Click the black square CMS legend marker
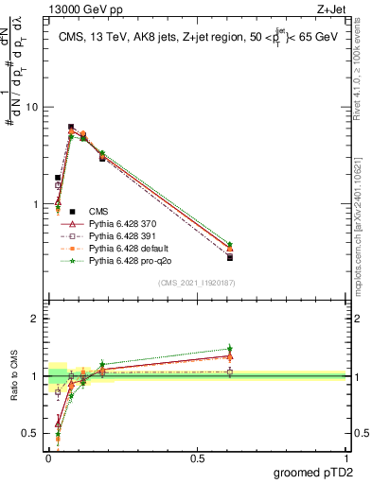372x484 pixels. pyautogui.click(x=72, y=212)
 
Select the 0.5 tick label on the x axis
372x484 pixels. pyautogui.click(x=197, y=458)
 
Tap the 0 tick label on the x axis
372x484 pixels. pyautogui.click(x=48, y=458)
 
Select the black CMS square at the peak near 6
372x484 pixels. pyautogui.click(x=71, y=127)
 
